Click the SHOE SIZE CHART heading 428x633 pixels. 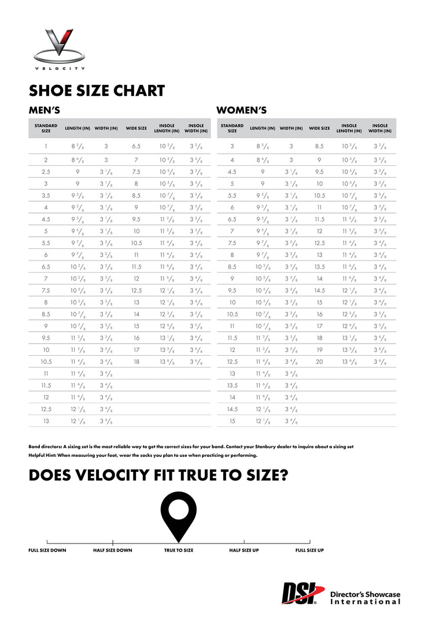97,91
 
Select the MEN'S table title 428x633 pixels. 45,110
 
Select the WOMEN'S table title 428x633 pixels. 241,110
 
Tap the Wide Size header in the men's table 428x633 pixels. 136,128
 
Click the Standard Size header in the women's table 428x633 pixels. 232,128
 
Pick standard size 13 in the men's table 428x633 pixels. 46,421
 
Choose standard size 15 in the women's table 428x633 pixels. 232,421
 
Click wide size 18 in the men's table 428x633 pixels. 136,362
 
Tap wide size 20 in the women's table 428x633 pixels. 319,362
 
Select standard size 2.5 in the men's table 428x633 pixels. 46,172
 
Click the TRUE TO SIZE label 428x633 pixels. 179,550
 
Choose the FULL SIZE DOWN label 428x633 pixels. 47,550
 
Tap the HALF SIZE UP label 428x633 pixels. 243,550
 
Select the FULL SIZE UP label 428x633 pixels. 309,550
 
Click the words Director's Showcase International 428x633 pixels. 365,598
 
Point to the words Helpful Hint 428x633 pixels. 42,455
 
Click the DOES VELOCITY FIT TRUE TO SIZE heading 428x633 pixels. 158,475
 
